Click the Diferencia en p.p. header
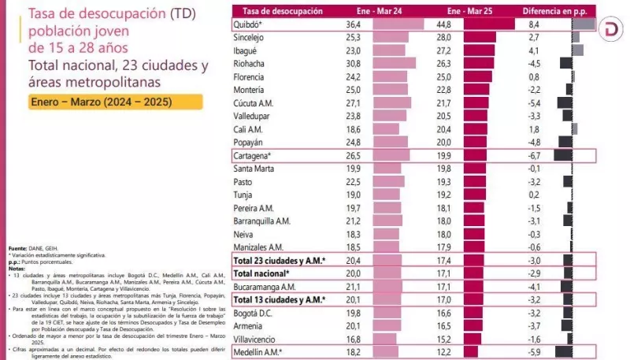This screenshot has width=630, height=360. coord(554,11)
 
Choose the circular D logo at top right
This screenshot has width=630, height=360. coord(610,30)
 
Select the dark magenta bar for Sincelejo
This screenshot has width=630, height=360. coord(480,37)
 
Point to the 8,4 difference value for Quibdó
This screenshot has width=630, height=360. coord(533,24)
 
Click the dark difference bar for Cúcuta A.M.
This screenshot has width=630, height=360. coord(564,102)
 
